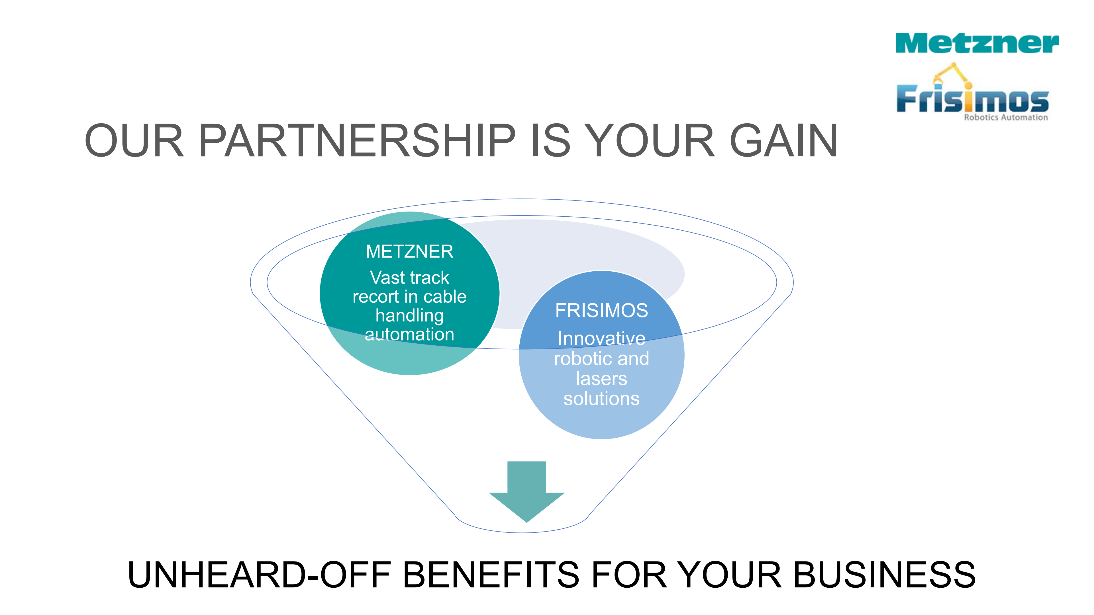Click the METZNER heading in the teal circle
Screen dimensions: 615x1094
409,252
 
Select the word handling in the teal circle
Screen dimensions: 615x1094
409,315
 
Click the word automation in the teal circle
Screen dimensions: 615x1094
409,335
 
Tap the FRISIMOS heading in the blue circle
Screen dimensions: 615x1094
601,311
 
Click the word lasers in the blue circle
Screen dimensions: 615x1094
601,379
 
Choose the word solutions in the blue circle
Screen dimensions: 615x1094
601,399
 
